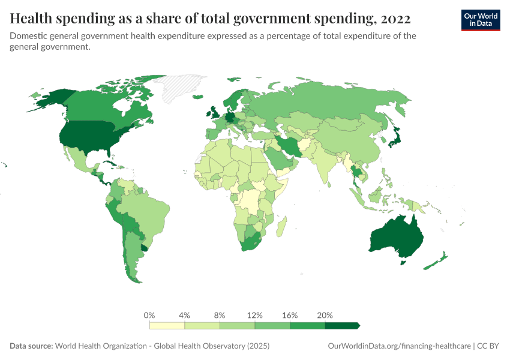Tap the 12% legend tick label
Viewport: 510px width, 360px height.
[x=254, y=315]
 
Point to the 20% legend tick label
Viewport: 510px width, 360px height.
[x=325, y=315]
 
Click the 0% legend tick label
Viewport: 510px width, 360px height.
[x=149, y=315]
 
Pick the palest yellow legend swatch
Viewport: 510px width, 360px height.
[x=167, y=325]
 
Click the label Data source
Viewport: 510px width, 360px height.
[x=31, y=346]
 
